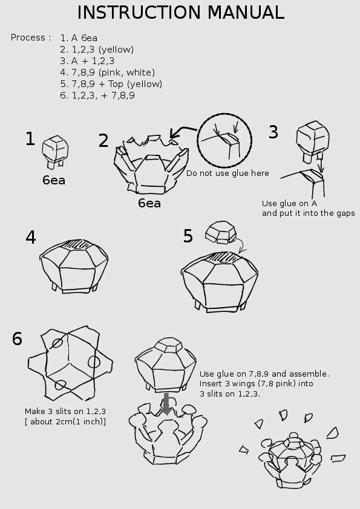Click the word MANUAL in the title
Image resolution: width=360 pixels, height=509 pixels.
pyautogui.click(x=246, y=12)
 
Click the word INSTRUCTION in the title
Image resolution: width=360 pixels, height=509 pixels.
pyautogui.click(x=139, y=12)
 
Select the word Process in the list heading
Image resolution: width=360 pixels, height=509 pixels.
pyautogui.click(x=28, y=37)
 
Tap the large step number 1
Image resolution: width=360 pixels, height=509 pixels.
pyautogui.click(x=30, y=138)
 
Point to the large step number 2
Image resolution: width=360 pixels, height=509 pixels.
pyautogui.click(x=103, y=141)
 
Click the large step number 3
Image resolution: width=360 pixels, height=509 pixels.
pyautogui.click(x=273, y=132)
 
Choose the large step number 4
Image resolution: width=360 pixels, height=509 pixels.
pyautogui.click(x=30, y=238)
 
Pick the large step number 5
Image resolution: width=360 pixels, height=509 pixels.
pyautogui.click(x=188, y=236)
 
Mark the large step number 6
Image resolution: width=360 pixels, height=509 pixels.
pyautogui.click(x=17, y=339)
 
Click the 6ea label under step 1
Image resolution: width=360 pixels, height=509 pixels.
pyautogui.click(x=54, y=180)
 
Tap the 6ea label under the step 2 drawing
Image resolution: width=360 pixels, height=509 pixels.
pyautogui.click(x=149, y=203)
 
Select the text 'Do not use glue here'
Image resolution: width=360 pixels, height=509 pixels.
pyautogui.click(x=227, y=173)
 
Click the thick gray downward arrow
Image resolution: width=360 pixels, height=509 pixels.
pyautogui.click(x=166, y=404)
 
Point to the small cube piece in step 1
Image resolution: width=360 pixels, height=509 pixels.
pyautogui.click(x=55, y=152)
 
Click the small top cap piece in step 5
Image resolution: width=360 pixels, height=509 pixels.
pyautogui.click(x=221, y=232)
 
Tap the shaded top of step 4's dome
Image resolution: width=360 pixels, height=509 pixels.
pyautogui.click(x=76, y=244)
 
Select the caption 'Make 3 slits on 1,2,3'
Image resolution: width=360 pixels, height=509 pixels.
pyautogui.click(x=65, y=411)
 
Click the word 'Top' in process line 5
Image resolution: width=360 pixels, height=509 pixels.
pyautogui.click(x=116, y=84)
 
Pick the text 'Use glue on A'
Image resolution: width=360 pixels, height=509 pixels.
pyautogui.click(x=289, y=204)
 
